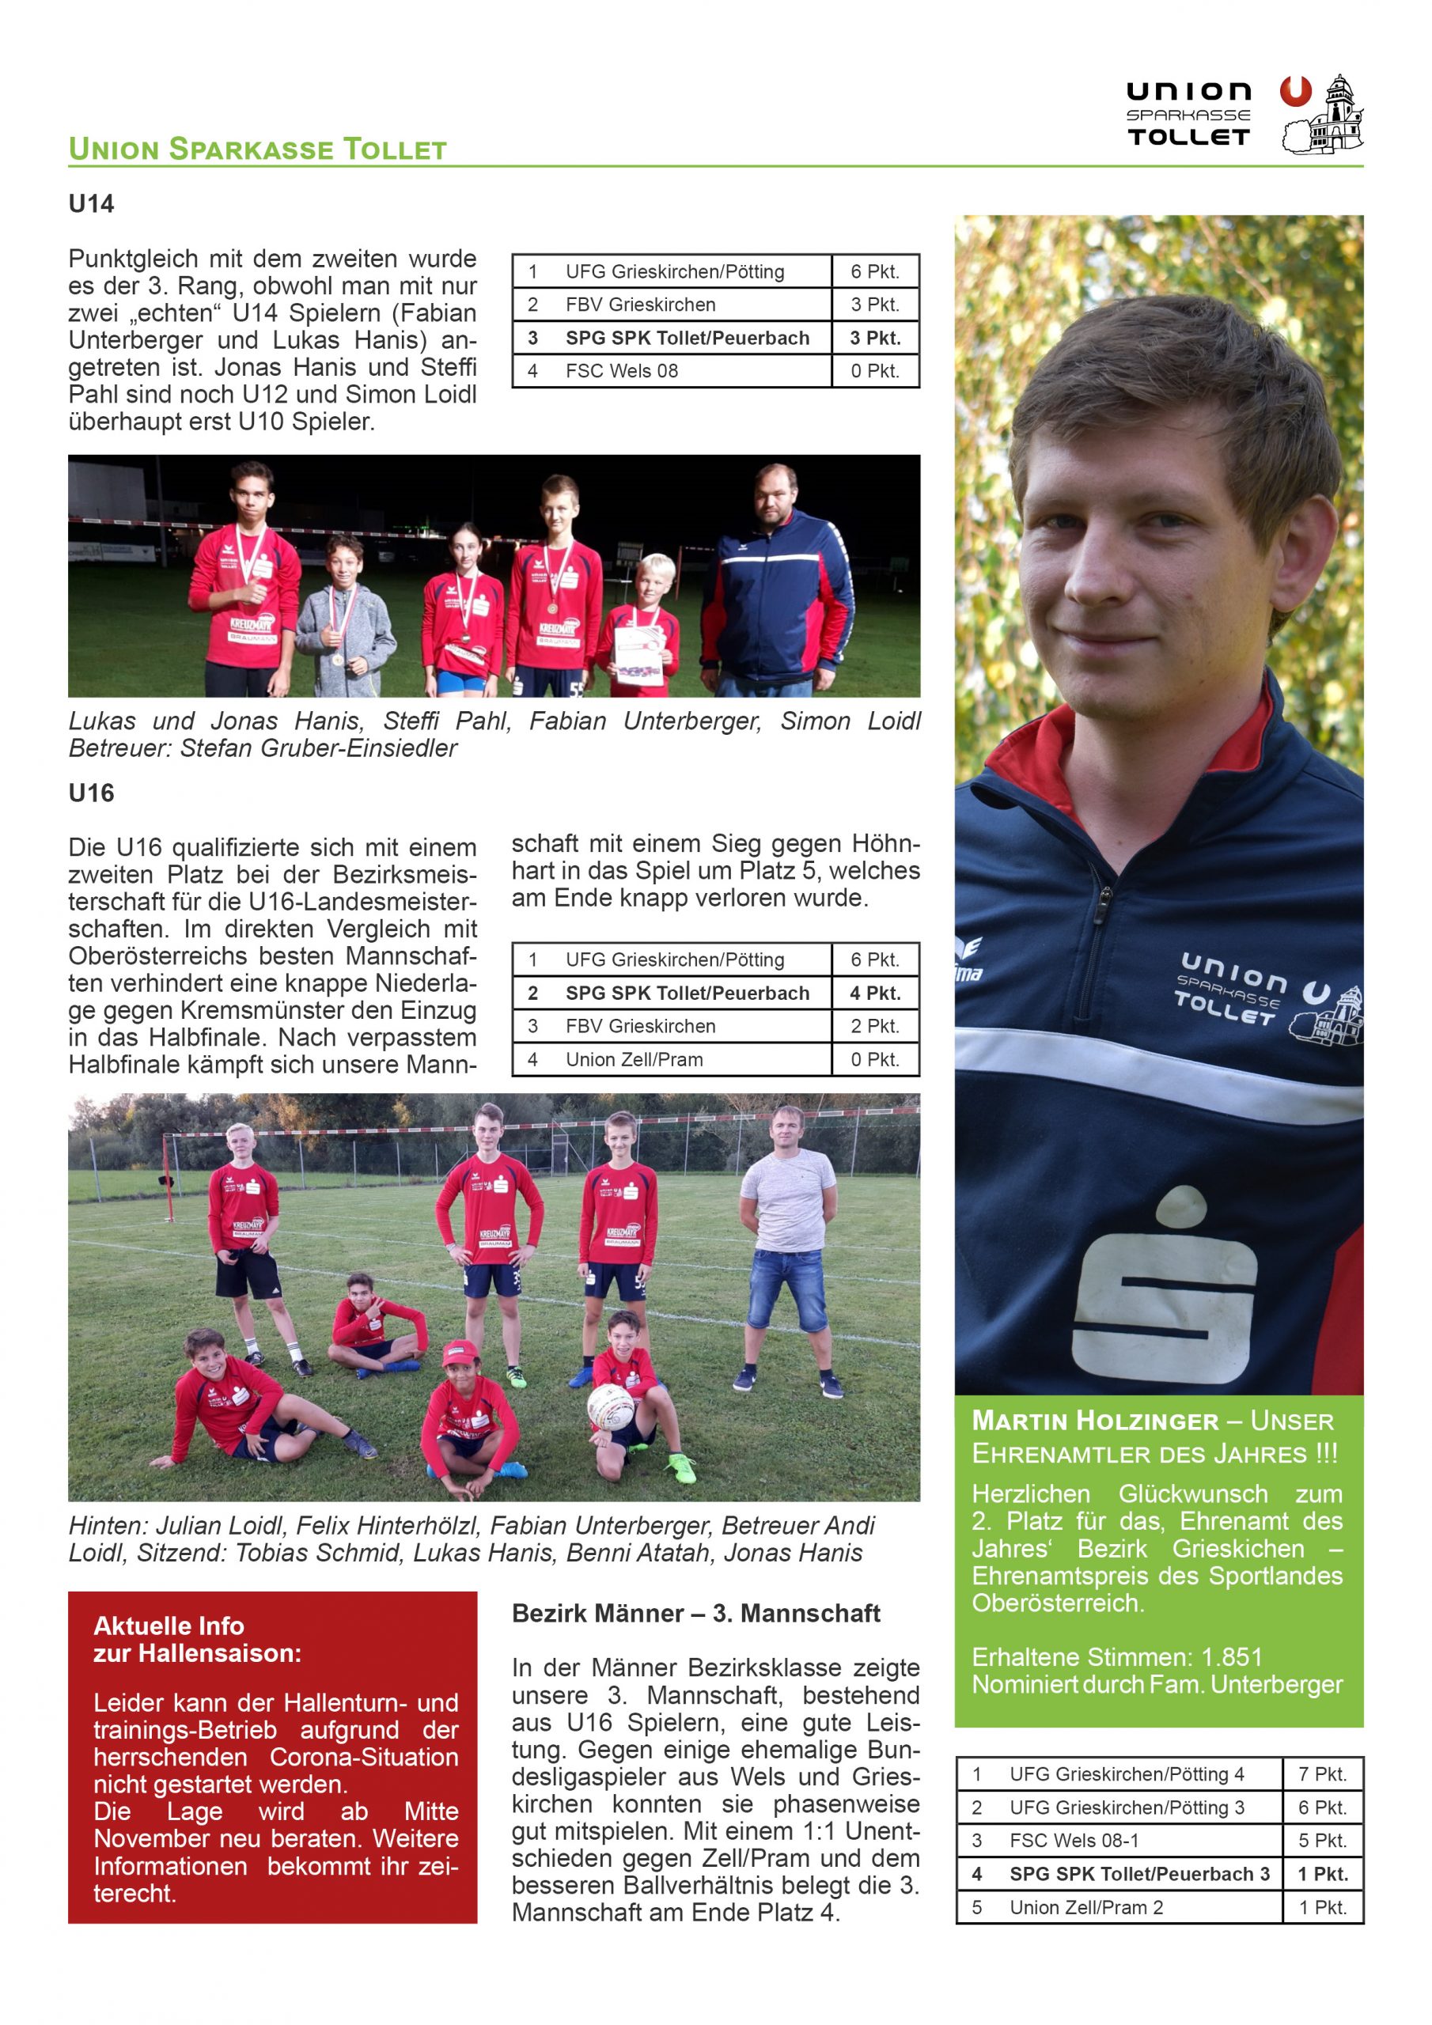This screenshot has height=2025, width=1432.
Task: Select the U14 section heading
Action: tap(91, 205)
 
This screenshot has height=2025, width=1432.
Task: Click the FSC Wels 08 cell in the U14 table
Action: tap(622, 371)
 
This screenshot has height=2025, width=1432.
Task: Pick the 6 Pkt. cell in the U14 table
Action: tap(874, 271)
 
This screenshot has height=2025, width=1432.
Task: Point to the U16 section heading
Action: tap(91, 793)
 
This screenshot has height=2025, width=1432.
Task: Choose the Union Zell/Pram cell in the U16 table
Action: tap(634, 1059)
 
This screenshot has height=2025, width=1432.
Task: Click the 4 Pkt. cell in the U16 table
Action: tap(874, 993)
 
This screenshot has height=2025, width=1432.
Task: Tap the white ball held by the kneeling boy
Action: tap(610, 1405)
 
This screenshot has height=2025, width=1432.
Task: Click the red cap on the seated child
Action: tap(459, 1348)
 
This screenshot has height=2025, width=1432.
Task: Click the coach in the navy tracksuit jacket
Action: tap(775, 582)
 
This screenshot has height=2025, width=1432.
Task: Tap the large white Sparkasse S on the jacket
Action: tap(1165, 1288)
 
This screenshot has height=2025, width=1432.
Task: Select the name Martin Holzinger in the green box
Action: tap(1094, 1421)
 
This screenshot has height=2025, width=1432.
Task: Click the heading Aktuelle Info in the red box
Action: tap(169, 1626)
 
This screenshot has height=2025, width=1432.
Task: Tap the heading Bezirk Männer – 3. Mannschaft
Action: tap(695, 1613)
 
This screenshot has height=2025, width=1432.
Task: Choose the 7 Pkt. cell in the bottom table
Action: tap(1322, 1773)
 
